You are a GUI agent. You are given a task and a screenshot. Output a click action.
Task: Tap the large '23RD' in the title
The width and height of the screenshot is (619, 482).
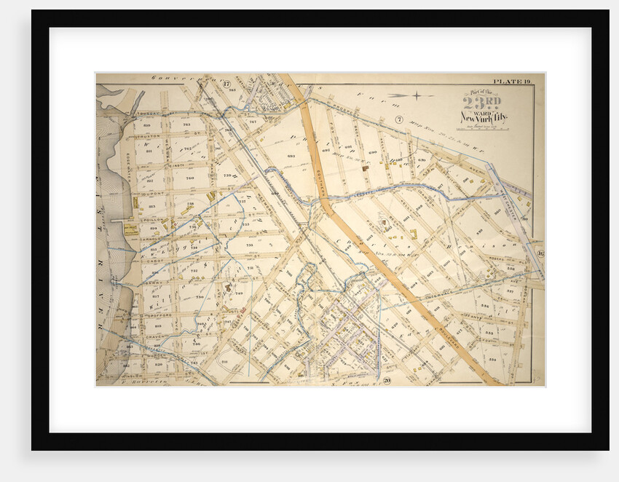(482, 103)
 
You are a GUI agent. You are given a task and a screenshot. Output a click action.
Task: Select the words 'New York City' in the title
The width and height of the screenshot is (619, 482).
(484, 117)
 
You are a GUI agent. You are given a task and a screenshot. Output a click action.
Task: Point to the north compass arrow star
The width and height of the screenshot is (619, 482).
(414, 95)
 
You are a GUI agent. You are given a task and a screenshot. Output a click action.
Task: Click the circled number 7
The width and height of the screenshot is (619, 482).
(398, 119)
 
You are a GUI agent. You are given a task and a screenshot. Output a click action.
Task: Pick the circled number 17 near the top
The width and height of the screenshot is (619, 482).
(226, 84)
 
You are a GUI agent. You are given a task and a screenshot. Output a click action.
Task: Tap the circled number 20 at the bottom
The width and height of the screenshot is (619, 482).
(387, 380)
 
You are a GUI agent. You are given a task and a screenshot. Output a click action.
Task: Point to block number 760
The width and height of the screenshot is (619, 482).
(190, 178)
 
